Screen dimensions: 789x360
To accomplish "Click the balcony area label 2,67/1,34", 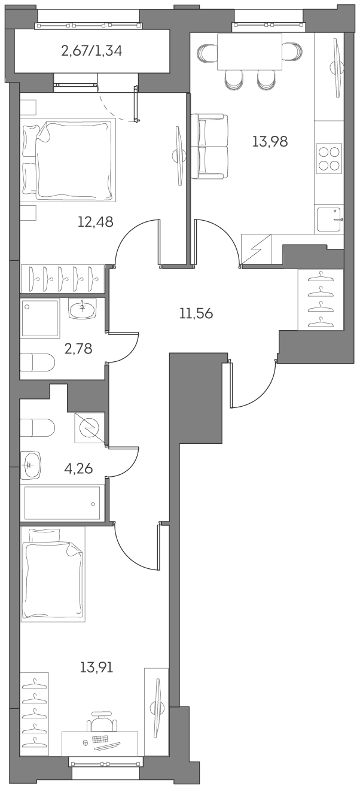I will (91, 51).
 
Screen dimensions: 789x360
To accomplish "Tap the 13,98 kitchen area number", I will (270, 142).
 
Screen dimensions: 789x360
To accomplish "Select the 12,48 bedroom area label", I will (95, 222).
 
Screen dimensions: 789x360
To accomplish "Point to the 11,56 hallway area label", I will (196, 313).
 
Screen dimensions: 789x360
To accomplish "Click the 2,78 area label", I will (78, 348).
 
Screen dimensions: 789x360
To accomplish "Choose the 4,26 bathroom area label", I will (78, 468).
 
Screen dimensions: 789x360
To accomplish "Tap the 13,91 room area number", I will (96, 666).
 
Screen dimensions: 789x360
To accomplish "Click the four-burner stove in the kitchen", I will (329, 158).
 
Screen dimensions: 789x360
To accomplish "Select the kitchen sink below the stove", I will (328, 220).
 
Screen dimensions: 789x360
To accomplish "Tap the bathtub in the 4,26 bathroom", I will (62, 503).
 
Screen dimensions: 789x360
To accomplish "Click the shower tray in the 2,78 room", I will (41, 318).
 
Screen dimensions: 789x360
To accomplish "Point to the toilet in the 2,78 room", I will (37, 362).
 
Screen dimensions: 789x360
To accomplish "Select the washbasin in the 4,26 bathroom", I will (32, 465).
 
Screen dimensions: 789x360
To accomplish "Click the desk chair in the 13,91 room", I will (100, 721).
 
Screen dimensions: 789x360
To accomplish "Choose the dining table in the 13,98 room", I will (249, 53).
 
